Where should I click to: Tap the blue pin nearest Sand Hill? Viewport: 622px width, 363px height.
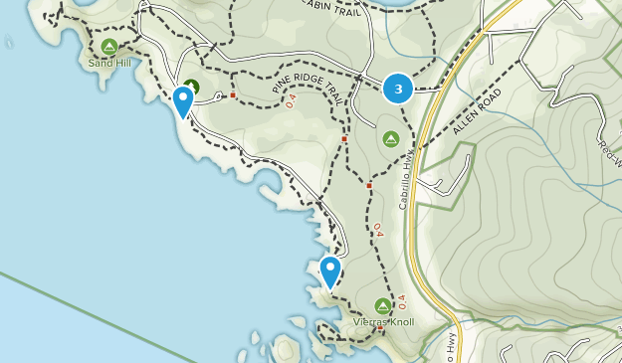click(183, 100)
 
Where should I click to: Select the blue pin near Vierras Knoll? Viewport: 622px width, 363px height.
click(329, 271)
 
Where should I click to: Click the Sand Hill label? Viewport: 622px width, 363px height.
click(108, 63)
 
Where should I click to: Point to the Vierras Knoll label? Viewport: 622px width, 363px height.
click(383, 322)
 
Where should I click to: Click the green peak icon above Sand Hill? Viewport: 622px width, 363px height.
click(108, 47)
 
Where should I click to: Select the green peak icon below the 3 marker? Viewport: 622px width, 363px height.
click(391, 138)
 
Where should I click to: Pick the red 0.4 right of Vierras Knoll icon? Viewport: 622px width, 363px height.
click(403, 299)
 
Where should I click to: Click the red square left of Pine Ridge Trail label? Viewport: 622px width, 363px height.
click(232, 95)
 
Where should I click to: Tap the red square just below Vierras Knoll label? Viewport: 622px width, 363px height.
click(379, 330)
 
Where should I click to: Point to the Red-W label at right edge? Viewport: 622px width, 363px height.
click(608, 145)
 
